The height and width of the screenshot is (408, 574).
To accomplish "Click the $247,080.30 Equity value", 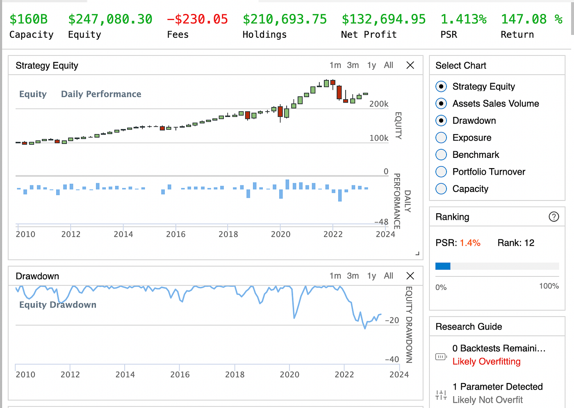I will [x=110, y=19].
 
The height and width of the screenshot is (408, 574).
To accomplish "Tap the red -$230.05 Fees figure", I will [x=197, y=19].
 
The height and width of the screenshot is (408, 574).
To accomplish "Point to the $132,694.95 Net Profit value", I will [x=384, y=19].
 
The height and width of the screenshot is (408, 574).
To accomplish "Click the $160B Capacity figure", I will [x=29, y=19].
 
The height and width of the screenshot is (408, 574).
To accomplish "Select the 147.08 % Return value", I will [x=531, y=19].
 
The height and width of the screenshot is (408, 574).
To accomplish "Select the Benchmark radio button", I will [x=441, y=155].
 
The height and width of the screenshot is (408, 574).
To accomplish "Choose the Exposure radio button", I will [x=441, y=138].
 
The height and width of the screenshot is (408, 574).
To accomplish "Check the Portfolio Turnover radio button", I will [x=441, y=172].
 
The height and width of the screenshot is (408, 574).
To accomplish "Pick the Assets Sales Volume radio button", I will [x=441, y=104].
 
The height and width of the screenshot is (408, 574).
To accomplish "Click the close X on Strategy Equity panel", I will [x=410, y=65].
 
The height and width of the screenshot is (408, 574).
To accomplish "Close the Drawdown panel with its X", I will [x=410, y=276].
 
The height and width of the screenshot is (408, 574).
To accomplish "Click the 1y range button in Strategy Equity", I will [x=371, y=65].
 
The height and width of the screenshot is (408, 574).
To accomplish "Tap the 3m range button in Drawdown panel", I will [x=353, y=276].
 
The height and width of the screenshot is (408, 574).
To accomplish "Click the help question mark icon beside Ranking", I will [x=553, y=217].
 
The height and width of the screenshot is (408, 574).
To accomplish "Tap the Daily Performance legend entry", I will [x=101, y=94].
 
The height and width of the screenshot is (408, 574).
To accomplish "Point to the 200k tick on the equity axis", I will [x=378, y=104].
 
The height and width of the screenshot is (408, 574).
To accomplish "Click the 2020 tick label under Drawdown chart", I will [x=289, y=374].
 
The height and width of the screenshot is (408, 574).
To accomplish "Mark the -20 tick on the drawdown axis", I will [x=392, y=320].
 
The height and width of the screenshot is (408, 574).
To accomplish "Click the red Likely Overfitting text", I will [x=486, y=362].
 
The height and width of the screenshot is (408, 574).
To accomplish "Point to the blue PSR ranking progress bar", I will [x=443, y=266].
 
